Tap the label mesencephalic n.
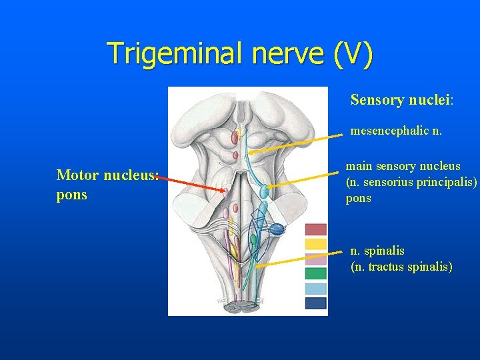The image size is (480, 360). [396, 131]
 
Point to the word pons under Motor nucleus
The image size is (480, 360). [72, 195]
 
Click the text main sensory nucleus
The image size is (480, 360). [403, 166]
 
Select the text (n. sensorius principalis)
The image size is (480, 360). [411, 182]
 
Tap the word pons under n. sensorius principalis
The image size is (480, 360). [359, 198]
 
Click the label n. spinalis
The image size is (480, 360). [377, 251]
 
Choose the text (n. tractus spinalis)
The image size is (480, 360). [401, 267]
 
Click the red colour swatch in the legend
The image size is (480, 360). [315, 229]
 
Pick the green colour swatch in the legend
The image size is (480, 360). [315, 273]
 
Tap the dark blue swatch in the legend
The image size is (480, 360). [315, 303]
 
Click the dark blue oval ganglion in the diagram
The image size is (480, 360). [277, 229]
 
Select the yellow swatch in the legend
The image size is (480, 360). [315, 244]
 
